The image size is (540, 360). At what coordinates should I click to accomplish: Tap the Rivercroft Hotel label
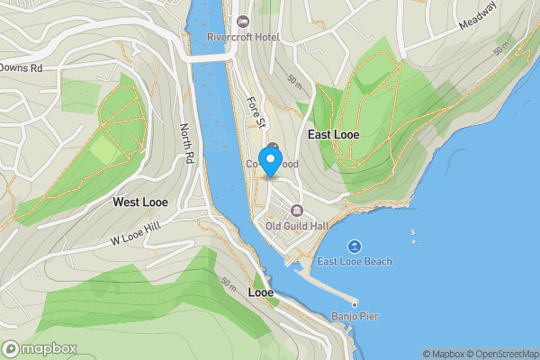[x=242, y=37]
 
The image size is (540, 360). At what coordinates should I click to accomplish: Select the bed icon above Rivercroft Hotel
[x=242, y=21]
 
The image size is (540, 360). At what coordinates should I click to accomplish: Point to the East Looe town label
[x=335, y=133]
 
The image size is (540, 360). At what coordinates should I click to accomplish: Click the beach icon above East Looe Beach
[x=354, y=246]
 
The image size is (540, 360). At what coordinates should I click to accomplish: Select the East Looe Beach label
[x=354, y=262]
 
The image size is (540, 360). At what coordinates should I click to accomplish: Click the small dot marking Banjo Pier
[x=355, y=303]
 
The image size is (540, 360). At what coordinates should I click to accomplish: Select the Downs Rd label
[x=22, y=67]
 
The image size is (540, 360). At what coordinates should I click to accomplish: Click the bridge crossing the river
[x=211, y=56]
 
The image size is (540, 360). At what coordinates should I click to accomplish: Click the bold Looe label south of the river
[x=261, y=292]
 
